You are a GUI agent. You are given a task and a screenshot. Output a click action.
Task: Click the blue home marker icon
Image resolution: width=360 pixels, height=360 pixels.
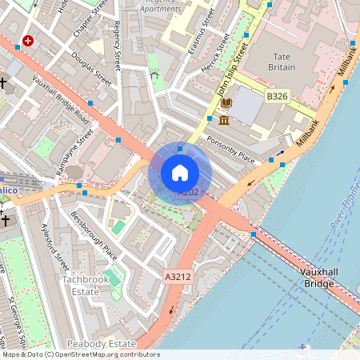tap(180, 173)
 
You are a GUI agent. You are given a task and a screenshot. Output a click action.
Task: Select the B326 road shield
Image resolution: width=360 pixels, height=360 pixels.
tap(277, 96)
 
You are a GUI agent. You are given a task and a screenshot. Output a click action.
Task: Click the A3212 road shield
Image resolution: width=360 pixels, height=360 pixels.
tap(178, 277)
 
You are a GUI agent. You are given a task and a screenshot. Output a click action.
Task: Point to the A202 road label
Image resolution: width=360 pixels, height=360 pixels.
tap(188, 193)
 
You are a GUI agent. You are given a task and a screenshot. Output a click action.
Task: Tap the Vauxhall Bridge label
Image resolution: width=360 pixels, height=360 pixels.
tap(318, 278)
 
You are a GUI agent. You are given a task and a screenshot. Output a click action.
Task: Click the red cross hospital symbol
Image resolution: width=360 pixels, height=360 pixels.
tap(29, 41)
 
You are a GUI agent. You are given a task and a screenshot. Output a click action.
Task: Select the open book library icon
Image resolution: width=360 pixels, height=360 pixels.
tap(226, 103)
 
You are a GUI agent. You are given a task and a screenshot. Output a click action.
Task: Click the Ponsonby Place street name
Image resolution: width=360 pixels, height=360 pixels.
tap(233, 148)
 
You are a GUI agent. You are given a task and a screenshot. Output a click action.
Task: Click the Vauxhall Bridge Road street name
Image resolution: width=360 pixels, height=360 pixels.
tap(61, 101)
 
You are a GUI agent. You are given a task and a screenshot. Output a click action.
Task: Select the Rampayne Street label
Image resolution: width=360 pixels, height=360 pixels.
tap(75, 144)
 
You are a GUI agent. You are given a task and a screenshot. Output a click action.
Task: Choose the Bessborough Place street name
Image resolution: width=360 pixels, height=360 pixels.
tap(94, 235)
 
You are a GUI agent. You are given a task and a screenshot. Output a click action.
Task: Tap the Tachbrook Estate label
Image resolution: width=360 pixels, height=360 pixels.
tap(81, 285)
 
